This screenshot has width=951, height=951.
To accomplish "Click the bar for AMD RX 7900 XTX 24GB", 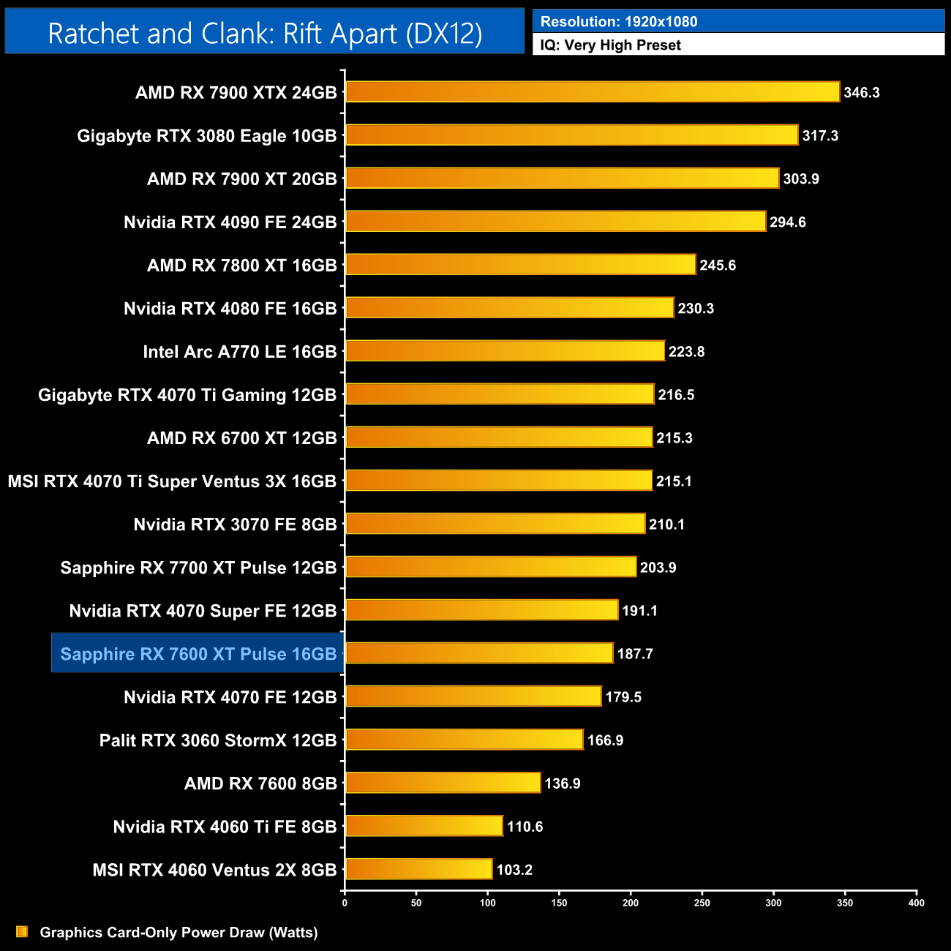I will coord(593,92).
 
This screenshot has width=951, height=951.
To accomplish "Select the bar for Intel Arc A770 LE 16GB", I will coord(505,351).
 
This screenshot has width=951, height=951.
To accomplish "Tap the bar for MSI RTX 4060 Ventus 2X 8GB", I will coord(418,869).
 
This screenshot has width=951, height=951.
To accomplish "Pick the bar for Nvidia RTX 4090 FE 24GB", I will coord(556,222).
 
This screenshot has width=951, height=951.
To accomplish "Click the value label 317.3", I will coord(820,136).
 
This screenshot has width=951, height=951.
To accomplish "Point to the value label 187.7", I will coord(635,654).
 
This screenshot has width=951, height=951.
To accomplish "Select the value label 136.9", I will coord(563,783).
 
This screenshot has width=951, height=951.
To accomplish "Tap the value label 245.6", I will coord(718,266).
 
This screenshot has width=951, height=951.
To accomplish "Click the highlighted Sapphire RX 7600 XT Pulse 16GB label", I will coord(198,654).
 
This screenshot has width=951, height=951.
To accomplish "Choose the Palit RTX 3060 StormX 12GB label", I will coord(218,740).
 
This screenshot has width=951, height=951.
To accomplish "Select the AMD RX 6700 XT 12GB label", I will coord(242,438).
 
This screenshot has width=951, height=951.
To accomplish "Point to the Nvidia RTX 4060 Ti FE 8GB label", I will coord(225,827).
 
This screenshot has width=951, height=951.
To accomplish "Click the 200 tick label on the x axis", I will coord(631,903).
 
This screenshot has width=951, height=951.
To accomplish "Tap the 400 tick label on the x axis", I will coord(916,903).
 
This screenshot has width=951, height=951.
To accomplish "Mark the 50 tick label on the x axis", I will coord(416,903).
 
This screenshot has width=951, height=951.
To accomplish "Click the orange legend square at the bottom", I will coord(22,932).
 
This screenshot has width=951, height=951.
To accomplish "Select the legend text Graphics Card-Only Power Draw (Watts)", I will coord(178,933).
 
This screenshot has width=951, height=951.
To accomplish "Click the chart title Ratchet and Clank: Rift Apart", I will coord(265,34).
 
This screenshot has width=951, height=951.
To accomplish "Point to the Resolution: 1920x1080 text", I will coord(619,22).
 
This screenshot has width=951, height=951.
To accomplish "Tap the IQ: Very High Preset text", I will coord(611,45).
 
